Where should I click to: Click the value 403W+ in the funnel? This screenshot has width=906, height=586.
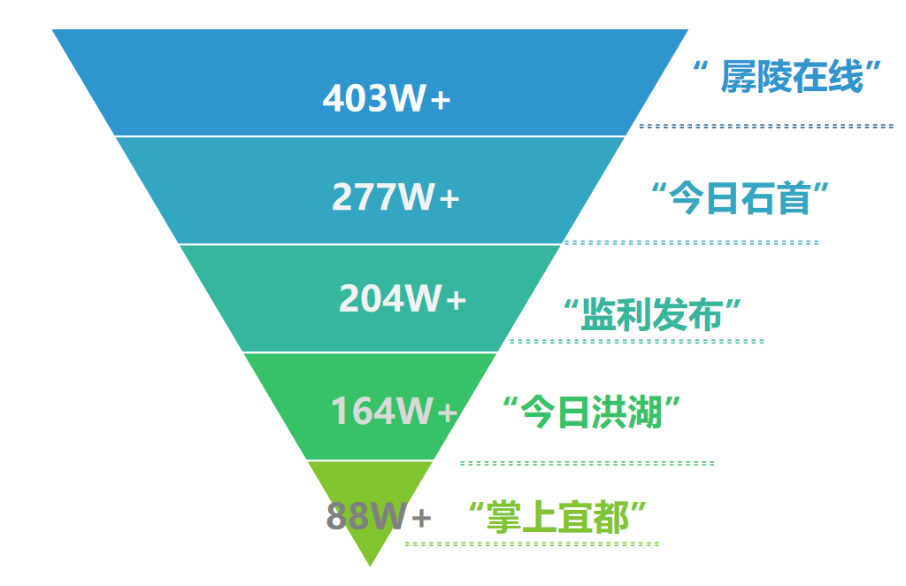[387, 98]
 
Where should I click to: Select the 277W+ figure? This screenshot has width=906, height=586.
[395, 197]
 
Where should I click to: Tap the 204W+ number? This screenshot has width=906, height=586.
[402, 299]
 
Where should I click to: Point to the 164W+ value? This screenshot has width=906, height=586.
[394, 411]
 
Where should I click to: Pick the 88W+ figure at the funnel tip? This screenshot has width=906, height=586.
[379, 515]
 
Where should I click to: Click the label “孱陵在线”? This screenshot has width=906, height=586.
[790, 76]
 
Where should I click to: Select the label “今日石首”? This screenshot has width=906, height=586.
[744, 197]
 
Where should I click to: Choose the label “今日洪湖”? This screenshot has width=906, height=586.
[591, 412]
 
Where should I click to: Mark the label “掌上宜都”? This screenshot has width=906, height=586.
[557, 516]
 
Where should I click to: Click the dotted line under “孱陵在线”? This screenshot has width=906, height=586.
[766, 127]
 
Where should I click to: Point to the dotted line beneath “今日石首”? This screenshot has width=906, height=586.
[691, 242]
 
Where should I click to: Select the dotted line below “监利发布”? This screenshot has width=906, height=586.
[636, 341]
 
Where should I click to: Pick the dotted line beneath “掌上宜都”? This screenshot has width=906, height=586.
[531, 543]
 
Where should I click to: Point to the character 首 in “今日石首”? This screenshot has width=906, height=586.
[795, 197]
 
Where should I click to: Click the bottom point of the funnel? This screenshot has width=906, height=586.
[370, 564]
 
